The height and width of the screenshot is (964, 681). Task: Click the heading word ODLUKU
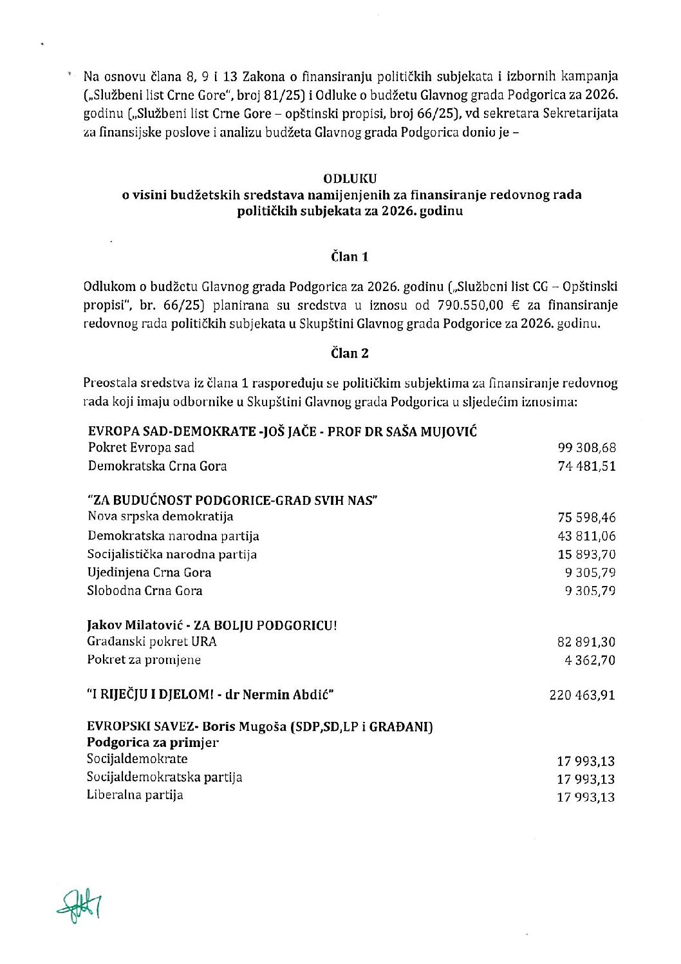350,178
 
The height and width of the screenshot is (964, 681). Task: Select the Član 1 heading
350,257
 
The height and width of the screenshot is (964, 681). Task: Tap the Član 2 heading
350,353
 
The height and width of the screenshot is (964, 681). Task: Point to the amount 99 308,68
586,448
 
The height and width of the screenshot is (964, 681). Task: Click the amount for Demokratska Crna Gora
586,466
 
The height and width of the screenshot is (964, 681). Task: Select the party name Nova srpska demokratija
160,516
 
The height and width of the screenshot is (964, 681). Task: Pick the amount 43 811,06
586,536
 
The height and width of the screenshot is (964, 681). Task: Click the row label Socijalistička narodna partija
172,554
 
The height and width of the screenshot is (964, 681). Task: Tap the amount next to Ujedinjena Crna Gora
590,572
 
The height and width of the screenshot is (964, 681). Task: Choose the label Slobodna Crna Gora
145,591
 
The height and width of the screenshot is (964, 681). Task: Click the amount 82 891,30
586,641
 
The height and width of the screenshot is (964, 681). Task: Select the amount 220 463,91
582,695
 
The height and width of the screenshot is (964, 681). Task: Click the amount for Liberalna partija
586,797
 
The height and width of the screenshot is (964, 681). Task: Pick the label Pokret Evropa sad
141,448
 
